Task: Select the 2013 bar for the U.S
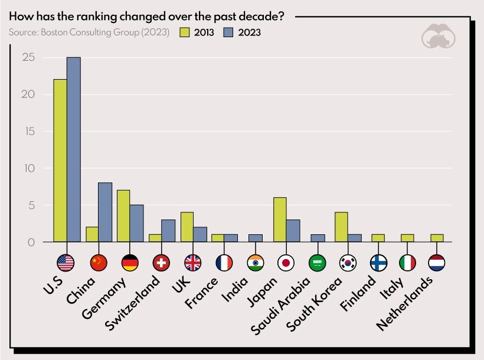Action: (x=60, y=161)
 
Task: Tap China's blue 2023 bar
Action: (x=105, y=212)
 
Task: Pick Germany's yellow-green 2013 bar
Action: (x=123, y=216)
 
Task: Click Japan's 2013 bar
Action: (x=280, y=220)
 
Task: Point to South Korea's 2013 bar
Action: (x=341, y=227)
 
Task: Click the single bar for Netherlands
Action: (x=437, y=238)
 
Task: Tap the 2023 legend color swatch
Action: (x=230, y=32)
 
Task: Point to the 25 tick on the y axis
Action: (x=28, y=58)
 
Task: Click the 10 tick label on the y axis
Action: (x=28, y=169)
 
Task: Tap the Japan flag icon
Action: (x=286, y=263)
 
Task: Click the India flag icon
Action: (x=255, y=263)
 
